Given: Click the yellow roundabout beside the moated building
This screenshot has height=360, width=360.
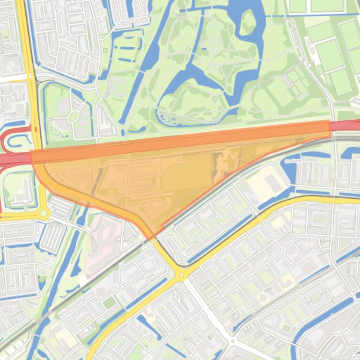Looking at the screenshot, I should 44,214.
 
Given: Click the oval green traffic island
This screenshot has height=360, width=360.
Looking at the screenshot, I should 73,116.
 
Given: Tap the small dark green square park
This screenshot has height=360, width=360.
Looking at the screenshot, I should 110,302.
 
